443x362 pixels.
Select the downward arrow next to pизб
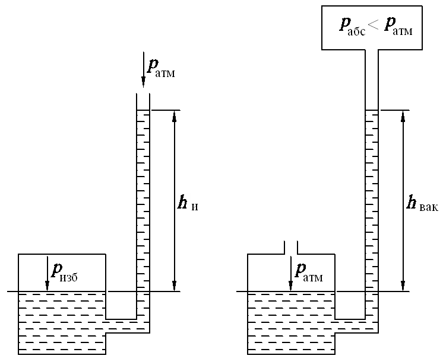point(47,273)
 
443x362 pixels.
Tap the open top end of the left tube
point(143,97)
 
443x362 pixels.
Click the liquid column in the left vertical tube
point(143,201)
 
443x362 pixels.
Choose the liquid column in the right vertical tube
point(372,201)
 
